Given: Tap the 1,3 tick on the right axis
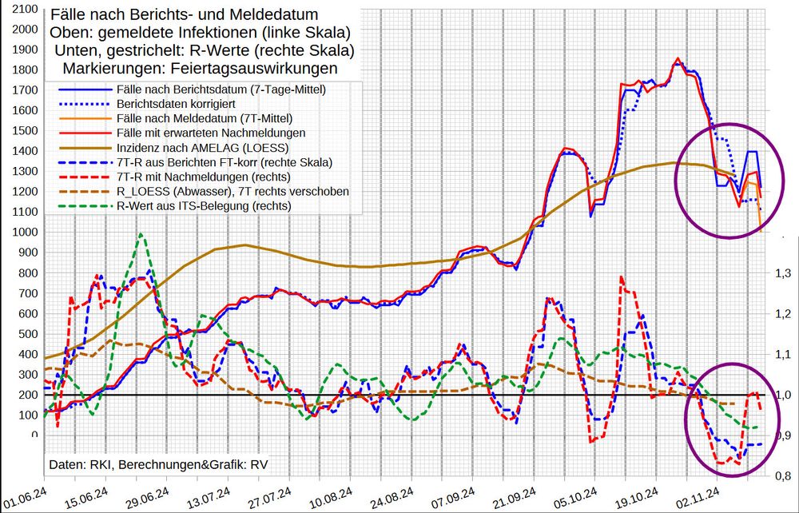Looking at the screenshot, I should pos(782,273).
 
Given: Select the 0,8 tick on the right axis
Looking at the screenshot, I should pos(782,476).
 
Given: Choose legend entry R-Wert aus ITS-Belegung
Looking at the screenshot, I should pos(204,205).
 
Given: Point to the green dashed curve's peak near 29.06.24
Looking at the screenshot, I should pos(141,234).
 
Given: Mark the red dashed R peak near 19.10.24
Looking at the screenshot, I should pos(621,277).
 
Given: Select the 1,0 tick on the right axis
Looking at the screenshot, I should pos(782,395).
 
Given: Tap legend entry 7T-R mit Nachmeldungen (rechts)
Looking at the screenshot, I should pos(202,177).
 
